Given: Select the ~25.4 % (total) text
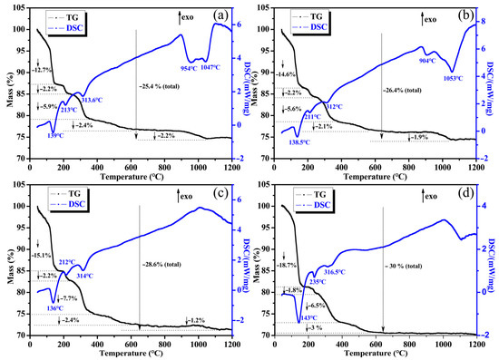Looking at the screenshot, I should (164, 86).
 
